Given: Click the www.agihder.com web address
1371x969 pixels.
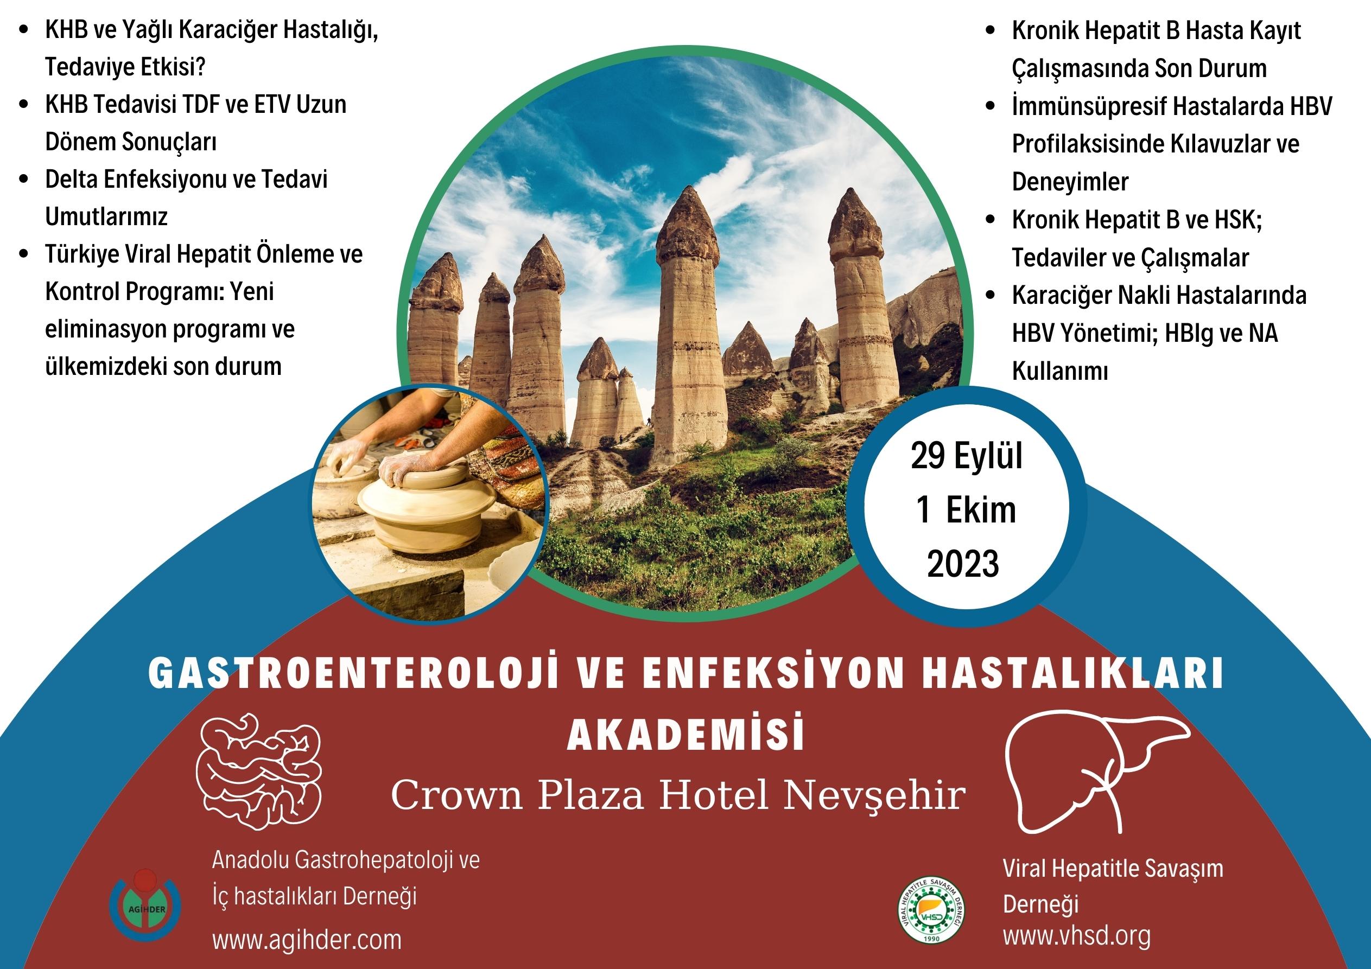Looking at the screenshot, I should (x=307, y=939).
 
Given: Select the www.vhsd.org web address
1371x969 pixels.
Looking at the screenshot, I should (x=1077, y=935).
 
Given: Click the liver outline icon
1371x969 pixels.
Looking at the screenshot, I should (x=1096, y=773).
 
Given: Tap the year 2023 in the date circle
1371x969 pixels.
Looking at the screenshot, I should (x=962, y=564).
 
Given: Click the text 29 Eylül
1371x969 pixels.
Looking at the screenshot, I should (x=966, y=457).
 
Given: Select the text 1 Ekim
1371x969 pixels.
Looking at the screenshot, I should (x=966, y=511).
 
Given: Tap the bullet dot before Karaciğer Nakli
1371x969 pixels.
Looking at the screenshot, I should (x=991, y=295).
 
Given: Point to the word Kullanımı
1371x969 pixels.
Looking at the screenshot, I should (x=1060, y=371).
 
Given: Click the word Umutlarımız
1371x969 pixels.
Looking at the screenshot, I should (x=106, y=216).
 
